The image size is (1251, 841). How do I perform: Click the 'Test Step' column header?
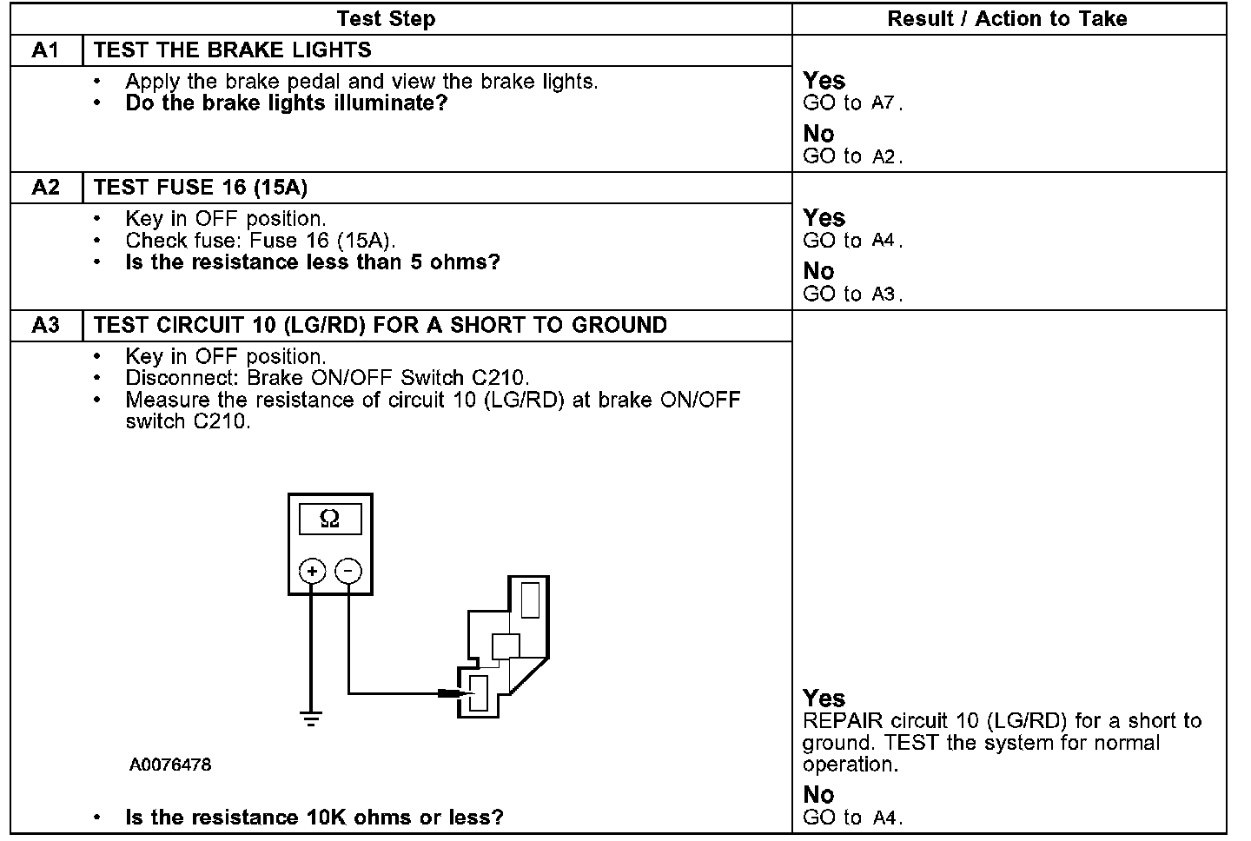(386, 18)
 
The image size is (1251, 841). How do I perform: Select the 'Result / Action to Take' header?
(1007, 18)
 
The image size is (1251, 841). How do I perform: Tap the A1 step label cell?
(45, 50)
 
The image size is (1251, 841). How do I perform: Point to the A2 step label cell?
(45, 188)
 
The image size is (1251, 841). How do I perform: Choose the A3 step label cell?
(45, 325)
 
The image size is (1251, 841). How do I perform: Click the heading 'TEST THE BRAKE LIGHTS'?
(232, 50)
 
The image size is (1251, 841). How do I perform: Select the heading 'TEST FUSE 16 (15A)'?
(201, 188)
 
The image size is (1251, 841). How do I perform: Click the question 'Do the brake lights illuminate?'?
(287, 103)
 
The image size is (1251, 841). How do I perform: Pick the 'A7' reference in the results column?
(883, 103)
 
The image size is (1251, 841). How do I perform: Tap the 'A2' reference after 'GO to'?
(883, 157)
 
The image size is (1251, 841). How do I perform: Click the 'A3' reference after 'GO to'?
(883, 295)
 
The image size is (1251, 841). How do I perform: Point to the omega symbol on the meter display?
(329, 520)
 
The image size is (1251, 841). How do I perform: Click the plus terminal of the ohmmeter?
(312, 571)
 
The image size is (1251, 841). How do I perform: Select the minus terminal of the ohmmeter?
(348, 571)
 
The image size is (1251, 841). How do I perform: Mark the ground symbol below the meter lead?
(311, 718)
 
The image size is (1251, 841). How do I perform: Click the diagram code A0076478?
(170, 765)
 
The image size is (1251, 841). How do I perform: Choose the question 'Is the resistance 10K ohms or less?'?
(314, 818)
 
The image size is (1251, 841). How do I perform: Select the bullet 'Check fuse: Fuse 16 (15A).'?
(260, 241)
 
